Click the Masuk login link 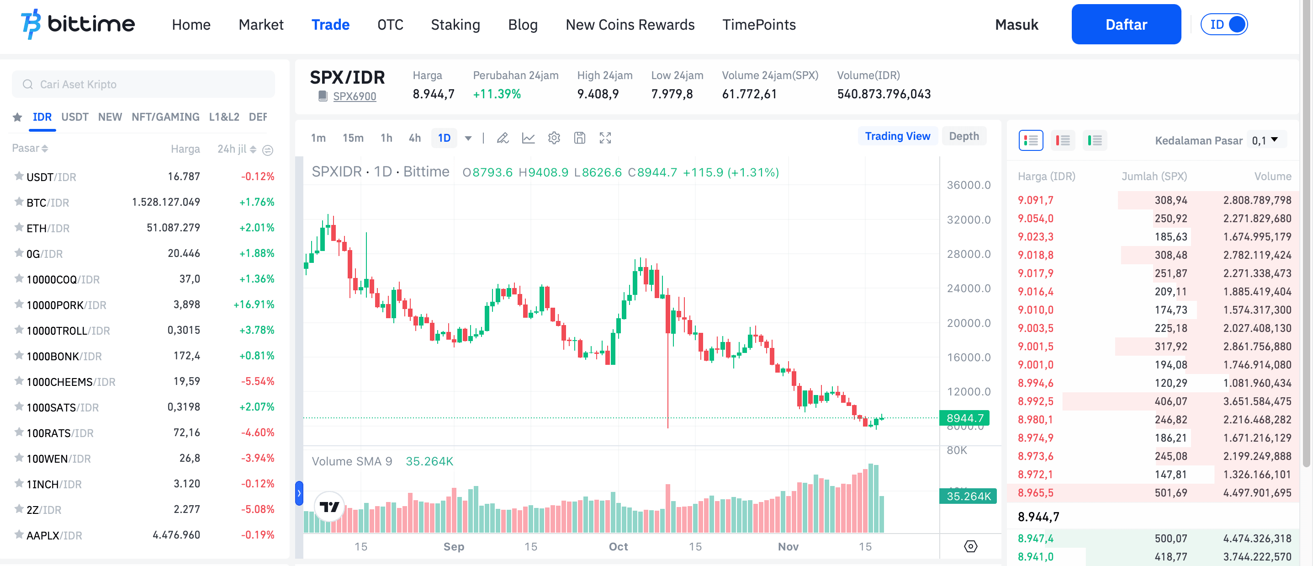click(1016, 25)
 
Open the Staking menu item click(455, 25)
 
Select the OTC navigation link click(390, 25)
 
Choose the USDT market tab click(74, 117)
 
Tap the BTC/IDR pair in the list click(48, 203)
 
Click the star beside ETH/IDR click(19, 227)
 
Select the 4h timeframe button click(414, 138)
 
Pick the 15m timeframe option click(353, 138)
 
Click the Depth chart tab click(964, 136)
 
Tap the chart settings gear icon click(554, 138)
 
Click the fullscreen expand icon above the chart click(605, 138)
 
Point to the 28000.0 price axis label click(969, 254)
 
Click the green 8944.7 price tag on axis click(964, 418)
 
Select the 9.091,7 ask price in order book click(1035, 200)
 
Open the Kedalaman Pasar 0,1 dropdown click(1265, 140)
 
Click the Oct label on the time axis click(618, 547)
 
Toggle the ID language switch click(1224, 25)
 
